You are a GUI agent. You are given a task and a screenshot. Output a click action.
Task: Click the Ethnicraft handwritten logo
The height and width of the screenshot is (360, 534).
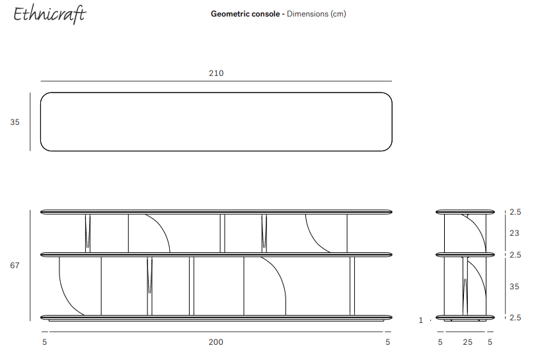click(x=50, y=15)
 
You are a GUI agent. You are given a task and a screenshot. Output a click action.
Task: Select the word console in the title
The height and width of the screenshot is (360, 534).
click(x=265, y=14)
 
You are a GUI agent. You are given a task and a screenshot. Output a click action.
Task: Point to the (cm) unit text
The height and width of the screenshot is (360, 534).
click(x=338, y=14)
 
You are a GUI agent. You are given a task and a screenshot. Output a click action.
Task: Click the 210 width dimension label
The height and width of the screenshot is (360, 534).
click(x=216, y=73)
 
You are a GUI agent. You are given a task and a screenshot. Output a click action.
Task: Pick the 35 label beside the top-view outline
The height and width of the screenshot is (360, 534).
click(x=15, y=122)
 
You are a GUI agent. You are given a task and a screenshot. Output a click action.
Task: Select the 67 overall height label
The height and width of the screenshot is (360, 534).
click(x=15, y=266)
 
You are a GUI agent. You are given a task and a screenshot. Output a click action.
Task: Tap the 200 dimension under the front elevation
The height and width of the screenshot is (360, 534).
click(x=216, y=342)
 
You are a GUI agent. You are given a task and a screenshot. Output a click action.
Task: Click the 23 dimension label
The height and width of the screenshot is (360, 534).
click(x=514, y=233)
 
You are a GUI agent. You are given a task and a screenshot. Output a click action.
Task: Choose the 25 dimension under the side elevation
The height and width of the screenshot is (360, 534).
click(x=467, y=342)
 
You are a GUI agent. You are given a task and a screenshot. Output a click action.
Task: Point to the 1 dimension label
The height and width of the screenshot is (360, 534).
click(x=421, y=320)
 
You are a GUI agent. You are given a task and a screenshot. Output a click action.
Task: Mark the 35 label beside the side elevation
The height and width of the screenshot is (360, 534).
click(x=514, y=287)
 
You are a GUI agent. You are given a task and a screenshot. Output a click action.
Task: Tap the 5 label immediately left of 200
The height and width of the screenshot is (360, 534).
click(x=45, y=342)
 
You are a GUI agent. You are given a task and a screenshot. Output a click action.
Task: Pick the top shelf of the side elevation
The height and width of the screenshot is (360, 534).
click(x=465, y=212)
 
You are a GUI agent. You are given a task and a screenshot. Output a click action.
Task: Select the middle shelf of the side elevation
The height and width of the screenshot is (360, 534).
click(x=465, y=254)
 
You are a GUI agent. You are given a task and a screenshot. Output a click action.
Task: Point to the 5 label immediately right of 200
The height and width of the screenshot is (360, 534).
click(x=388, y=342)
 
